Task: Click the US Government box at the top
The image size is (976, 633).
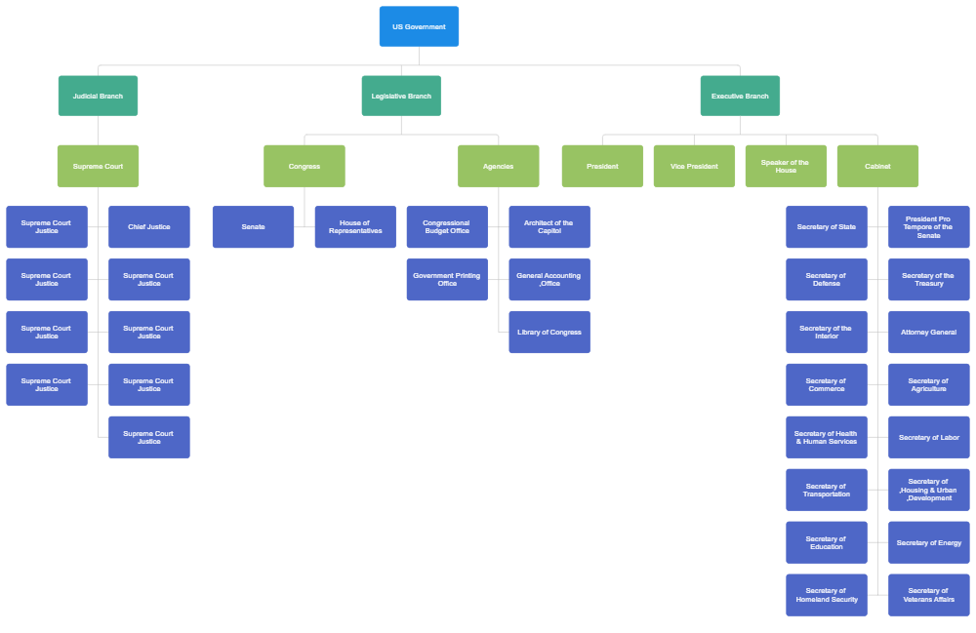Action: [419, 26]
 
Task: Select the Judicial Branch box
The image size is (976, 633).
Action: [98, 96]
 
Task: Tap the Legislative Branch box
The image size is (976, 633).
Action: [401, 96]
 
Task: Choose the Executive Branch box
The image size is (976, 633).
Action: [740, 96]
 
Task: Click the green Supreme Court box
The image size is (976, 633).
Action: [98, 166]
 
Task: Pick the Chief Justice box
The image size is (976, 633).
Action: [148, 226]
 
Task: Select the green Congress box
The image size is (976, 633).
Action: [304, 166]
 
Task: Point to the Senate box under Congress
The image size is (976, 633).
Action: [253, 226]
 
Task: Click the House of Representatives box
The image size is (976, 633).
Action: [354, 226]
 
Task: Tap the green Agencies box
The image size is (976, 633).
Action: [498, 166]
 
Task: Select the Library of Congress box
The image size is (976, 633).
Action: [549, 332]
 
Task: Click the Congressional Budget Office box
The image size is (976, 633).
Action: [446, 226]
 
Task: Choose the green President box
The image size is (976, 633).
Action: [602, 166]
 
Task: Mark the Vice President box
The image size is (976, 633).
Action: [694, 166]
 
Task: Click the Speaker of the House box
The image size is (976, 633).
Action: [786, 166]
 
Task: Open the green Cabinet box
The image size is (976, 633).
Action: [877, 166]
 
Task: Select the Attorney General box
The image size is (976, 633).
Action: [928, 332]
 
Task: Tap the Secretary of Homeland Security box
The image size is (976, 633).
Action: [826, 595]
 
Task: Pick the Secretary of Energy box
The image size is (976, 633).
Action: [928, 542]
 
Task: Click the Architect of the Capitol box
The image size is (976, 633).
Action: [549, 226]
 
